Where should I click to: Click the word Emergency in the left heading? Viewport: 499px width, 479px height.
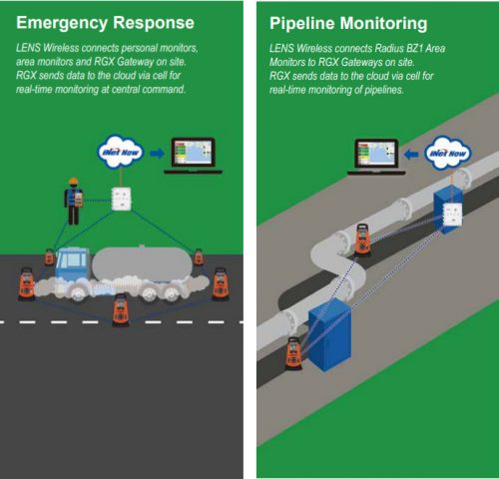point(62,23)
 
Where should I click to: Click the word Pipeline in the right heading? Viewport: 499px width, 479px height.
point(302,23)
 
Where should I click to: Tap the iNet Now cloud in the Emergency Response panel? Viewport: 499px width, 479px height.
point(121,152)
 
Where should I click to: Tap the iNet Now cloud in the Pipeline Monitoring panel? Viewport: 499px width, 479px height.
point(448,153)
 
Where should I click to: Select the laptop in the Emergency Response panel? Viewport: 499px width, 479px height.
point(193,156)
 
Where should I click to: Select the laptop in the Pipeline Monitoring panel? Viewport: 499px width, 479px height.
point(376,157)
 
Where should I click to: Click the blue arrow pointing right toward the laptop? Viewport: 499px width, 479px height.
point(157,154)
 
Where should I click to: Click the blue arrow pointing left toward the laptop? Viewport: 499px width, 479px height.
point(411,155)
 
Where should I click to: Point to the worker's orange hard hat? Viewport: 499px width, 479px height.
point(73,182)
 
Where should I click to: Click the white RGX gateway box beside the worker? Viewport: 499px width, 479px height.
point(121,199)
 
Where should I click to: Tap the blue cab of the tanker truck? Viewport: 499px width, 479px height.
point(72,263)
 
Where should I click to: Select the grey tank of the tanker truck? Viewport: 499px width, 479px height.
point(143,263)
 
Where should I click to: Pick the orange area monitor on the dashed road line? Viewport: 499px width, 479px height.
point(121,310)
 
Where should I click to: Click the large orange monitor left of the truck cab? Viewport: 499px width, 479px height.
point(27,283)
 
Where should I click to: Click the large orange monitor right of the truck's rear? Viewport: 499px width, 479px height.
point(221,284)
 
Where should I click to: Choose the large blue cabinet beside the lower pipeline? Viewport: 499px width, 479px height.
point(329,334)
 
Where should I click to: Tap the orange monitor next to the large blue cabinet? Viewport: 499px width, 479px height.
point(293,353)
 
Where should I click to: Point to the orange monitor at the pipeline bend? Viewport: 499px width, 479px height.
point(362,240)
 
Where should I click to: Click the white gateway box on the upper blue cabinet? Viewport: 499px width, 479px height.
point(452,215)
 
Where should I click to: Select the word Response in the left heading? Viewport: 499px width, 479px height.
point(154,23)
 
